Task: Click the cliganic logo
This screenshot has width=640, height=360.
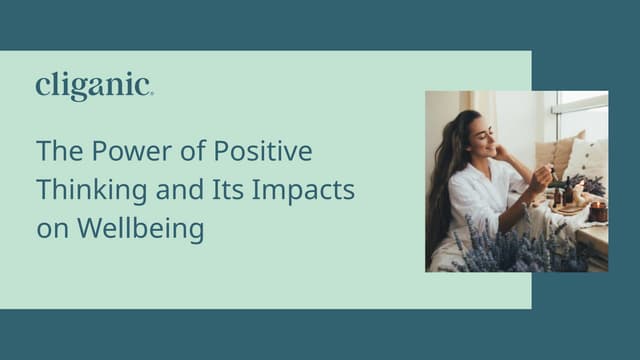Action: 94,87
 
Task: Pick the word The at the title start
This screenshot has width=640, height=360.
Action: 55,152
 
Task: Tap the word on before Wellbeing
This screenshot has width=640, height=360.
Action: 49,228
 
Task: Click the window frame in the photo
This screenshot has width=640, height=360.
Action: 580,103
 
